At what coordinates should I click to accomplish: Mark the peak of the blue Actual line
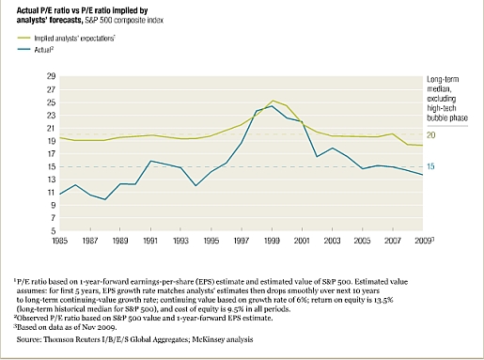coord(271,106)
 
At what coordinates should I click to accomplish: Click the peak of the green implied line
coord(272,101)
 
